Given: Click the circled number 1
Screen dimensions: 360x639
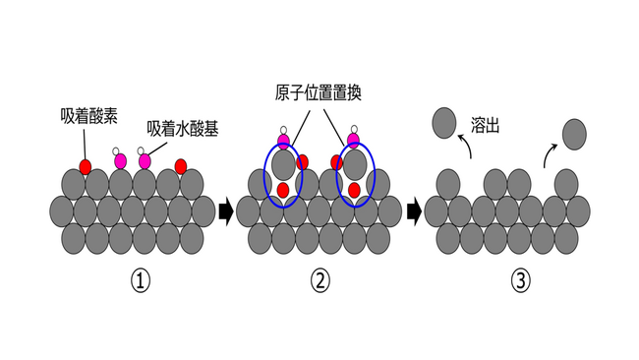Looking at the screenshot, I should [x=141, y=280].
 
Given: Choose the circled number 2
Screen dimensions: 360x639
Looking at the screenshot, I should [x=319, y=280].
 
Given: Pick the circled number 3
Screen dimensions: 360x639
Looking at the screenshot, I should [x=520, y=280].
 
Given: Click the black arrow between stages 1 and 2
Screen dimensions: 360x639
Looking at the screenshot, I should [x=226, y=210].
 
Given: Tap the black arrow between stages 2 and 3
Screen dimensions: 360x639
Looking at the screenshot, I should [x=414, y=210].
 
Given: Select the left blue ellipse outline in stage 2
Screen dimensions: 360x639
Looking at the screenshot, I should [x=264, y=175].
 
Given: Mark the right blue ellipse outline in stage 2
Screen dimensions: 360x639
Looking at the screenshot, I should [x=374, y=175].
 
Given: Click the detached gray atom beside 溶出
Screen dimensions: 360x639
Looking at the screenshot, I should [x=445, y=122].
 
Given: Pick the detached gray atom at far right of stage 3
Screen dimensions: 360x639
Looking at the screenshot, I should [x=573, y=132].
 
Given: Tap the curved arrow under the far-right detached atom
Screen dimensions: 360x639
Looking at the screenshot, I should [x=550, y=154].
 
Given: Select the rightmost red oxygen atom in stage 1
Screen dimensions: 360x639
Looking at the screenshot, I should [x=180, y=164].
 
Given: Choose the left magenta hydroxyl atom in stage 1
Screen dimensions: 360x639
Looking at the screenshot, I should [x=121, y=160].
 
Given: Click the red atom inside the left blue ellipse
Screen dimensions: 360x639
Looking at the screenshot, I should [x=283, y=190].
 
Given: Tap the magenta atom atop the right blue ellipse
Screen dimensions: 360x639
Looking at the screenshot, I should [x=354, y=142].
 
